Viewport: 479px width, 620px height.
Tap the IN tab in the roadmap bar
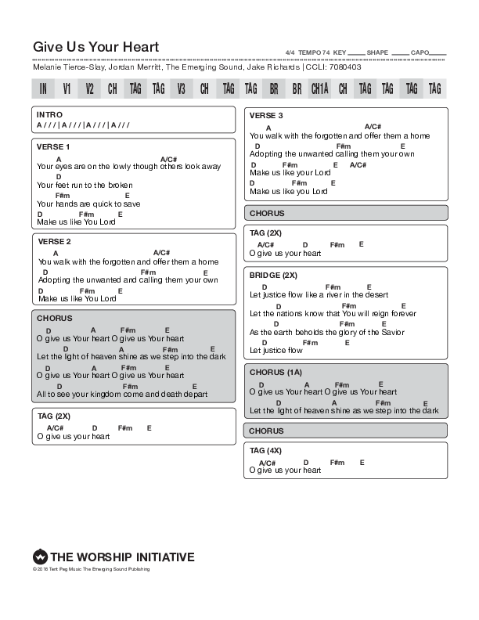(x=44, y=88)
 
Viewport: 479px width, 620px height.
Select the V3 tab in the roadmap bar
(x=182, y=88)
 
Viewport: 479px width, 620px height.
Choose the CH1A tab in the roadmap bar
(x=319, y=88)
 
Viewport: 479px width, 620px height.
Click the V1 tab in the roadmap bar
(x=67, y=88)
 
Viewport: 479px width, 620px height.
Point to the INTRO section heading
(x=49, y=114)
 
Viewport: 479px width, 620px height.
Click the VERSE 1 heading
(x=54, y=146)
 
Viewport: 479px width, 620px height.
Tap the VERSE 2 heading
(x=54, y=241)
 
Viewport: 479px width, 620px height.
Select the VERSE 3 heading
(x=266, y=116)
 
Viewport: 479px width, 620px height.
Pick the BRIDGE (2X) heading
(x=274, y=276)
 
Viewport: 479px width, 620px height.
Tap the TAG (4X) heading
(x=266, y=450)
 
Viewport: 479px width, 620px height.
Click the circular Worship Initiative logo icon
(x=40, y=557)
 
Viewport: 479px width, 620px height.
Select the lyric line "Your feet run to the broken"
(x=85, y=185)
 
